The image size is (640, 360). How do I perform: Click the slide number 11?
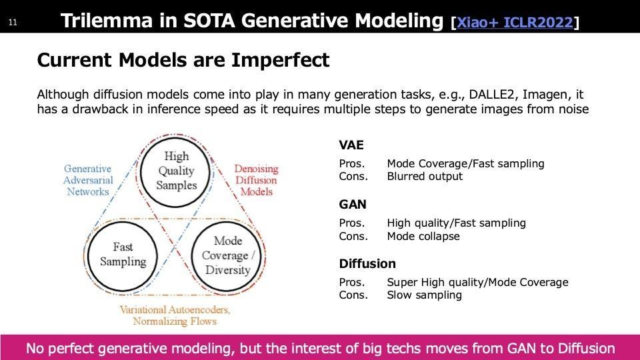point(13,23)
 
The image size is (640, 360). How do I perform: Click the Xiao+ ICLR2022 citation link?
point(515,22)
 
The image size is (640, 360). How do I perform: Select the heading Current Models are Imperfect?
point(183,60)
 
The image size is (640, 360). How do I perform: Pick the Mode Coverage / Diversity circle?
point(227,223)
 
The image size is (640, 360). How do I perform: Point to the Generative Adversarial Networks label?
point(88,180)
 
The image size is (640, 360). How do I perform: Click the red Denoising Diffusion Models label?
point(256,180)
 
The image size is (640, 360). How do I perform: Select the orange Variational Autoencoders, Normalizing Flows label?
point(175,315)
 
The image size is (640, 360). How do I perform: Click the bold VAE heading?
point(351,145)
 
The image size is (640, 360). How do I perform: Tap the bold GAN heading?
point(352,204)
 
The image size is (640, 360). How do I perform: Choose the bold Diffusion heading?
point(367,264)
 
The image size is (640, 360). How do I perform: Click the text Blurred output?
point(425,176)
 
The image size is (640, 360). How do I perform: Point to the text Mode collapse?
point(423,236)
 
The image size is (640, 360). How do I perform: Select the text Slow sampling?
point(425,295)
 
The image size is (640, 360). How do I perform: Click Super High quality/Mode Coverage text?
point(477,282)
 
